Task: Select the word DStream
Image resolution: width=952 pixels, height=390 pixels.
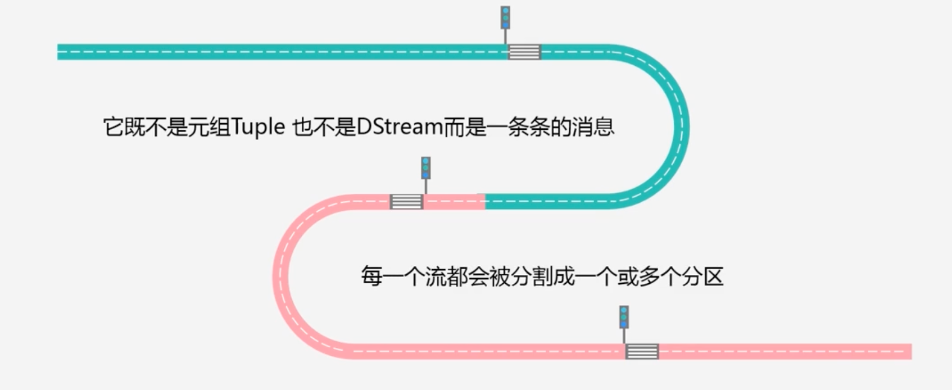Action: tap(400, 128)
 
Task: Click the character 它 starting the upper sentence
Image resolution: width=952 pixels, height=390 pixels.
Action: tap(114, 128)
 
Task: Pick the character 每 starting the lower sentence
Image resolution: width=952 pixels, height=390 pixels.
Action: tap(371, 276)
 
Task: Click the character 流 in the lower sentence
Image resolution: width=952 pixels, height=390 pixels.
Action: tap(436, 276)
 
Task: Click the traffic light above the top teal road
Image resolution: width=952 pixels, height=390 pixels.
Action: tap(505, 17)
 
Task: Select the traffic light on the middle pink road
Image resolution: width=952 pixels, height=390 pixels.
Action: tap(425, 167)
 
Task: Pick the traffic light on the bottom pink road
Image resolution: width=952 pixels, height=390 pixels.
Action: tap(624, 317)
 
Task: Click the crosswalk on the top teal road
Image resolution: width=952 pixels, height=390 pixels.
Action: tap(524, 52)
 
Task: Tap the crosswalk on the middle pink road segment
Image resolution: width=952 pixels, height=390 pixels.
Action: tap(406, 201)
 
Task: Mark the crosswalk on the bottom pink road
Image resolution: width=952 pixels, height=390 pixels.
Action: tap(642, 351)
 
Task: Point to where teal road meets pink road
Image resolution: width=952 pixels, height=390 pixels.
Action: tap(485, 201)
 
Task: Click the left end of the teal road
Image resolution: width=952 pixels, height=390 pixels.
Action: tap(60, 52)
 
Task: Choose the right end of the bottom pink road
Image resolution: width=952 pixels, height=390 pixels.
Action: tap(909, 351)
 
